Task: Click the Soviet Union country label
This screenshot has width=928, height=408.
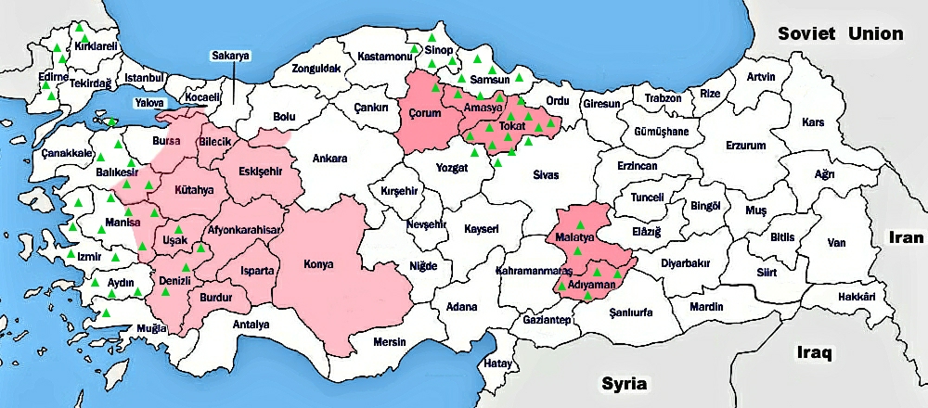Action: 841,33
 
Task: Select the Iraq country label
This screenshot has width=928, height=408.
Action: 816,353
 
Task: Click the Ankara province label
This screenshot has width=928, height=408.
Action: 330,158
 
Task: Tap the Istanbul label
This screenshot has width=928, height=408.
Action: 144,77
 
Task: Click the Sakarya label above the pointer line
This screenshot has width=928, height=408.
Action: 231,56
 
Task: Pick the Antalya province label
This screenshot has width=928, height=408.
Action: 251,325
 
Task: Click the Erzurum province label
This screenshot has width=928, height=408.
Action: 746,146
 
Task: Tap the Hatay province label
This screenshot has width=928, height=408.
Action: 498,363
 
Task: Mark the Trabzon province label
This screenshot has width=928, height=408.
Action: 664,97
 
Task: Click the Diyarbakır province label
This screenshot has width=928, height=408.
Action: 686,262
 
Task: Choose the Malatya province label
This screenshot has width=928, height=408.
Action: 574,239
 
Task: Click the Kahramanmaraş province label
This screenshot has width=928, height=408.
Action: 533,271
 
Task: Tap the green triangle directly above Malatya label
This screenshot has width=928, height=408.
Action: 580,225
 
